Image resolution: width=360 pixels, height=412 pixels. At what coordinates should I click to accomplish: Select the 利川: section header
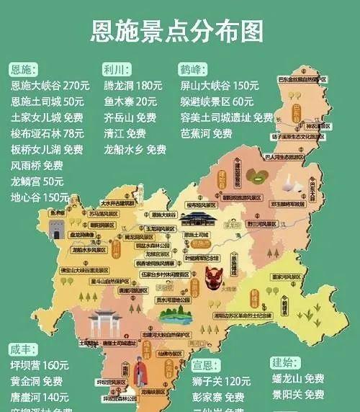pos(115,70)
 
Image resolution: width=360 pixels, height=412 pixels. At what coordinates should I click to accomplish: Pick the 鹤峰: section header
pos(192,70)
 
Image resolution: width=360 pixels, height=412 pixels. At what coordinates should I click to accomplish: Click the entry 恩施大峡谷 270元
pos(50,86)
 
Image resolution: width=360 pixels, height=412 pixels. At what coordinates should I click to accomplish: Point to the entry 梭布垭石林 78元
pos(48,133)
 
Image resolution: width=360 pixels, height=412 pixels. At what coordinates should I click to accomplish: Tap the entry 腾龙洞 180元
pos(133,86)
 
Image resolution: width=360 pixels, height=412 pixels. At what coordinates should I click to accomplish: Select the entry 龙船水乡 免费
pos(135,149)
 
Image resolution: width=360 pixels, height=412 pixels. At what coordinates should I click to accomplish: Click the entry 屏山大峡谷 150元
pos(219,86)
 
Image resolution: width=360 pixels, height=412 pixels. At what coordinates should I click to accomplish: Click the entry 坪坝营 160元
pos(40,365)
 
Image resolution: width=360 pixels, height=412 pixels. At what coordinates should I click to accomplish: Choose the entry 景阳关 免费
pos(298,394)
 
